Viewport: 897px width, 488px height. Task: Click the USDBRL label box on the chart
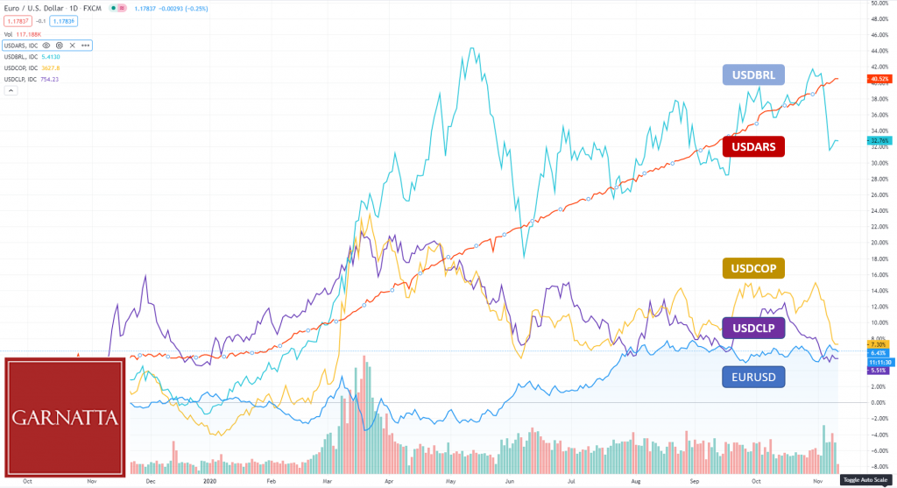pyautogui.click(x=753, y=74)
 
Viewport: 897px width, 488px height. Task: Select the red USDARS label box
pyautogui.click(x=753, y=145)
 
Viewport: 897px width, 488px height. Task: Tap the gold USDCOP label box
pyautogui.click(x=753, y=268)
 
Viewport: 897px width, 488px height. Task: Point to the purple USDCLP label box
pyautogui.click(x=753, y=328)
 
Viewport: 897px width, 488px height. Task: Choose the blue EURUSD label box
pyautogui.click(x=753, y=378)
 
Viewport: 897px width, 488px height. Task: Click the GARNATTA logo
pyautogui.click(x=65, y=418)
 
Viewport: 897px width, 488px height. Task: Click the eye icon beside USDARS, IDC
pyautogui.click(x=46, y=45)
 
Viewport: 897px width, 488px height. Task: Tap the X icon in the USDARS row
pyautogui.click(x=72, y=45)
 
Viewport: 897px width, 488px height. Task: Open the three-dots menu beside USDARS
pyautogui.click(x=85, y=45)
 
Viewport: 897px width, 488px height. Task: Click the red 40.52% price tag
pyautogui.click(x=879, y=79)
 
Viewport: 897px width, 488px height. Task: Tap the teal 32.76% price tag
pyautogui.click(x=879, y=140)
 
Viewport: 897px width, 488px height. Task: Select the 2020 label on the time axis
pyautogui.click(x=209, y=481)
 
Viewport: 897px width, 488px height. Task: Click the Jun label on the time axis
pyautogui.click(x=509, y=481)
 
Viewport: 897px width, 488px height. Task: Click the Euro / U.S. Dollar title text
pyautogui.click(x=39, y=7)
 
